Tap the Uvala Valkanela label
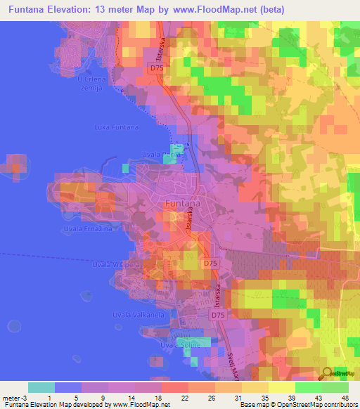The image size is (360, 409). click(x=139, y=316)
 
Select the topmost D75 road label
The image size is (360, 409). click(x=156, y=67)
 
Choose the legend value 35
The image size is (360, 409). click(x=264, y=398)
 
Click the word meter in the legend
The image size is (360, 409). click(x=12, y=398)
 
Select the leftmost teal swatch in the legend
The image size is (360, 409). click(x=41, y=387)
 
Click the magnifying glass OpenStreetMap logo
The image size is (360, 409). click(x=328, y=373)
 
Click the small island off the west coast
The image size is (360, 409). click(x=15, y=167)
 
